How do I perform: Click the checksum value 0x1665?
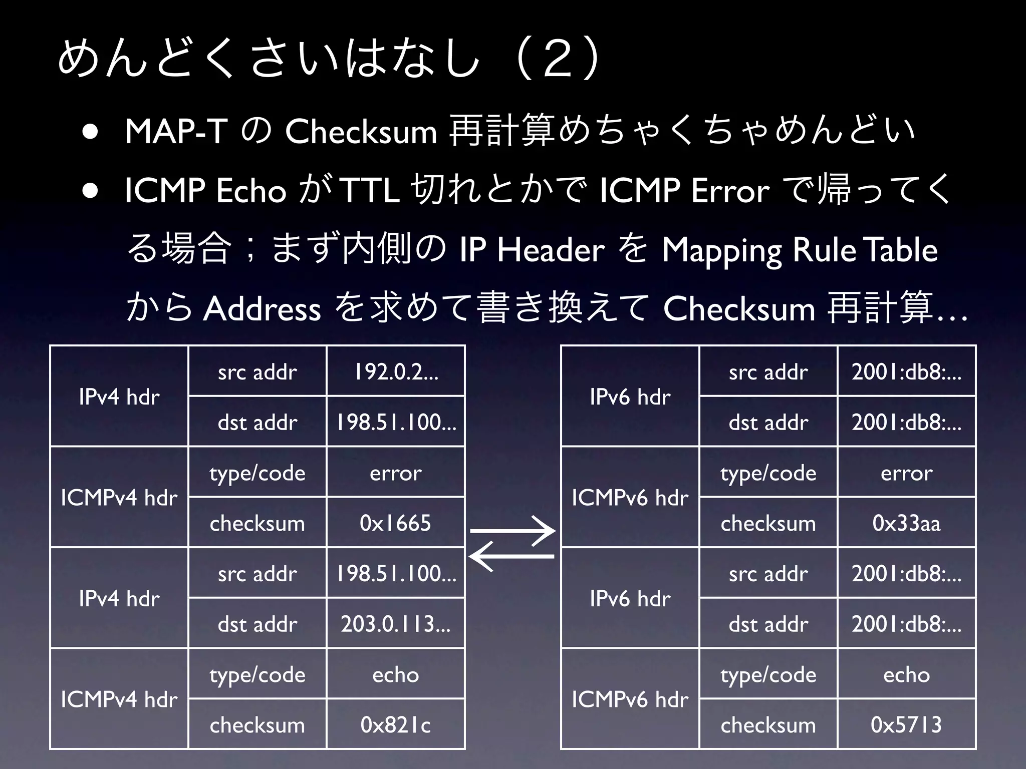pos(395,523)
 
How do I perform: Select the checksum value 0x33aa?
pos(906,523)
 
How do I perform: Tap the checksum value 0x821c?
pos(395,724)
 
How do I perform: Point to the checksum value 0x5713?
pos(906,724)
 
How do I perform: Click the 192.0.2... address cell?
pos(396,371)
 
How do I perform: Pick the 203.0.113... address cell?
pos(396,624)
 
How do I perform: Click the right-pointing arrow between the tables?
pos(512,531)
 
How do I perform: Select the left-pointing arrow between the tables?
pos(511,556)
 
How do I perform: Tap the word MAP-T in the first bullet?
pos(176,132)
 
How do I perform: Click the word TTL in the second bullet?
pos(369,191)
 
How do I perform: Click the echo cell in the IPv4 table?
pos(395,674)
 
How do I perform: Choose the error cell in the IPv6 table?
pos(906,473)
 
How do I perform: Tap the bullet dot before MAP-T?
pos(91,133)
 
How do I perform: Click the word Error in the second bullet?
pos(730,191)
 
